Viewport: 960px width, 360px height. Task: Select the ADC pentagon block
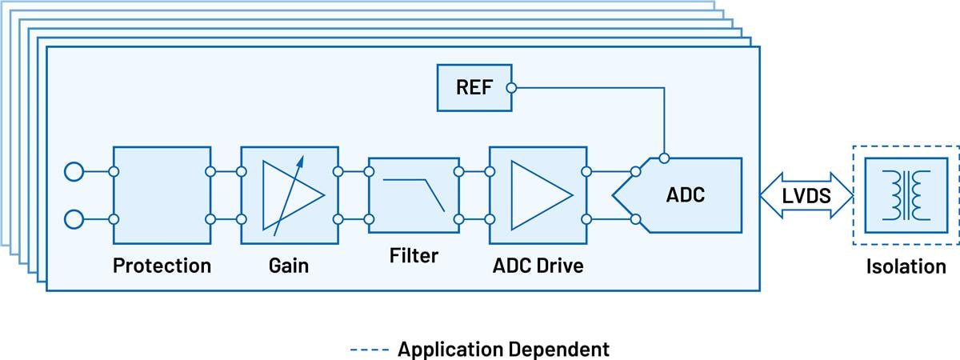click(680, 194)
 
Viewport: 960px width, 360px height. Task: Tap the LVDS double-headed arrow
click(806, 195)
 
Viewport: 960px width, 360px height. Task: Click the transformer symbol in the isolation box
click(906, 195)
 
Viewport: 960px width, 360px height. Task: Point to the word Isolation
click(906, 266)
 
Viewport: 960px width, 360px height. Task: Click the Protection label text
click(162, 266)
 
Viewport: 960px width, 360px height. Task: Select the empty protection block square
click(162, 195)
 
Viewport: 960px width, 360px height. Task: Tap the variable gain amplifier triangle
click(291, 195)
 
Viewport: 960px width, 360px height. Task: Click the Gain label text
click(289, 266)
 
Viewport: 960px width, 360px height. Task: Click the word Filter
click(414, 256)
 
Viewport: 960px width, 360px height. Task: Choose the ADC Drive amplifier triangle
click(539, 195)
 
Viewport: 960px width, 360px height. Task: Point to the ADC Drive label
click(538, 266)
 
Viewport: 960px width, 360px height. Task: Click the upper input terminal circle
click(74, 171)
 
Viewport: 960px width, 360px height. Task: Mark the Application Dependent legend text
click(503, 349)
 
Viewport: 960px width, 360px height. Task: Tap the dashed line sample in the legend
click(369, 350)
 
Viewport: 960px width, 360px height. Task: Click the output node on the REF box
click(512, 88)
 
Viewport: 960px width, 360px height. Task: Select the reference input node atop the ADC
click(663, 158)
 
